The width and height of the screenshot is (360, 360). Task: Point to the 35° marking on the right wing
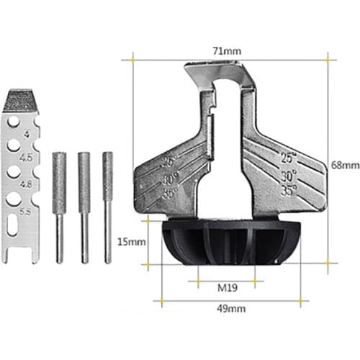coord(288,191)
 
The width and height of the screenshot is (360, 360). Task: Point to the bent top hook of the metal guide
coord(216,73)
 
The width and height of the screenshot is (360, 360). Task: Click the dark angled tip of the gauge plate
coord(24,99)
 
